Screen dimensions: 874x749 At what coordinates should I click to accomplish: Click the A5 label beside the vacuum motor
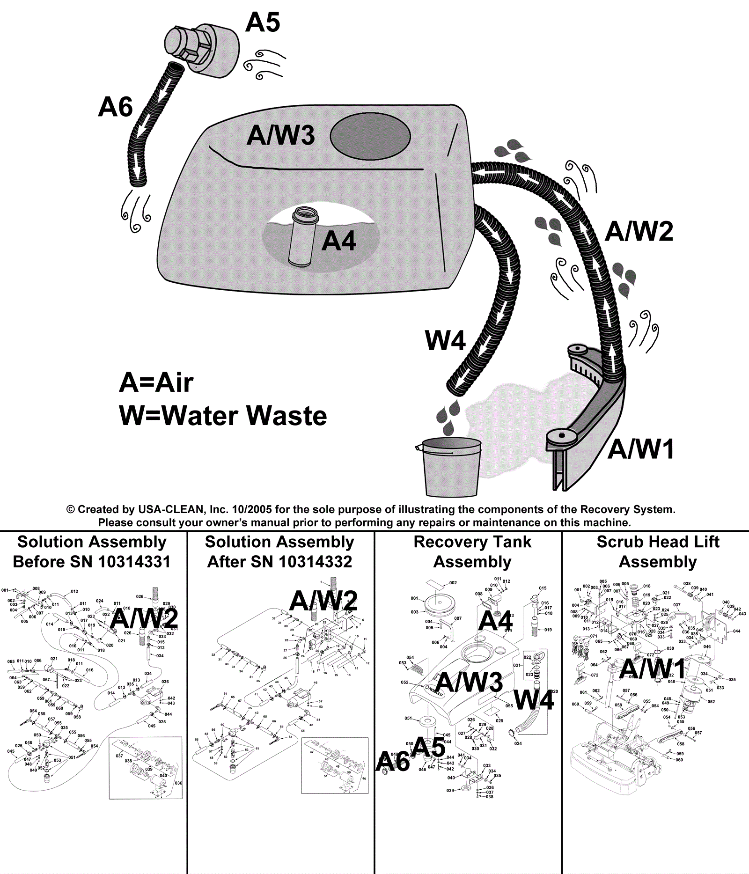pyautogui.click(x=263, y=22)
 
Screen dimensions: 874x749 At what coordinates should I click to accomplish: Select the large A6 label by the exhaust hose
pyautogui.click(x=115, y=107)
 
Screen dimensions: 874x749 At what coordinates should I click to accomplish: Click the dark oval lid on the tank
pyautogui.click(x=370, y=136)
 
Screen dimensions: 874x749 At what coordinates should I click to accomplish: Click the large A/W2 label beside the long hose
pyautogui.click(x=639, y=232)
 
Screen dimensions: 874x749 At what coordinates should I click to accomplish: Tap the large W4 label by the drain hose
pyautogui.click(x=445, y=341)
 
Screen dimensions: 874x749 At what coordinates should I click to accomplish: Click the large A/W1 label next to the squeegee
pyautogui.click(x=641, y=449)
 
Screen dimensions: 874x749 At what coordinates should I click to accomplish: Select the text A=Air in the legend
pyautogui.click(x=156, y=383)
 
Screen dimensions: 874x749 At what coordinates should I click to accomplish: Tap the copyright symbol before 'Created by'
pyautogui.click(x=71, y=509)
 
